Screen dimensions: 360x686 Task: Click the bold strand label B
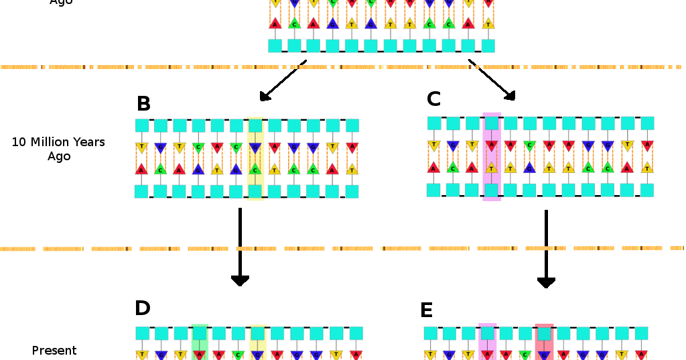coord(143,104)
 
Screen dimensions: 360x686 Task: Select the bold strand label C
coord(433,99)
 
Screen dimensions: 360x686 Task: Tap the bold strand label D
coord(143,308)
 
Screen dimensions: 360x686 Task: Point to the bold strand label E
coord(426,310)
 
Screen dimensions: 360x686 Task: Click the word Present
coord(54,351)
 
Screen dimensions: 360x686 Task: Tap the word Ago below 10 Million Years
coord(59,156)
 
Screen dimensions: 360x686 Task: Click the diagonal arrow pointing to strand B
coord(283,81)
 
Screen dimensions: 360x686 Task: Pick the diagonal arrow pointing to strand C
coord(492,80)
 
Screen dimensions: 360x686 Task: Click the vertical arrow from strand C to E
coord(546,249)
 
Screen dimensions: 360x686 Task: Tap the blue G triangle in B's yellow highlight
coord(255,147)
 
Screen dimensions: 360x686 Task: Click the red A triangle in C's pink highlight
coord(492,145)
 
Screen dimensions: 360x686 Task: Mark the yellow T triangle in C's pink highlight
coord(492,168)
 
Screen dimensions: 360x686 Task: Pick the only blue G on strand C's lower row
coord(529,168)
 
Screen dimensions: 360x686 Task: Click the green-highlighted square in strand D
coord(200,333)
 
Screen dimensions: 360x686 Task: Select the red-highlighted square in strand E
coord(544,333)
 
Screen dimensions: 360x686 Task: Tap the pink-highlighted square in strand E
coord(487,333)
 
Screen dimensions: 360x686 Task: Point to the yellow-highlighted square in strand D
coord(258,333)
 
